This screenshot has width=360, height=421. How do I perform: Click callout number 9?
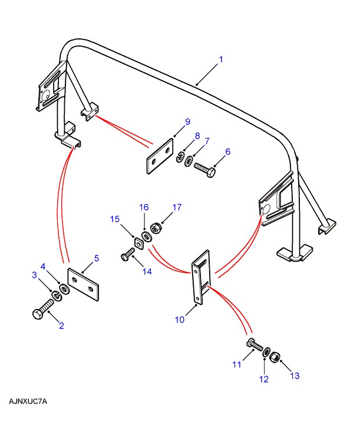point(187,122)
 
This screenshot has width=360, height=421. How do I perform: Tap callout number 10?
point(180,320)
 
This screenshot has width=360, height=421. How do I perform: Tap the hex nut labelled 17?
point(157,226)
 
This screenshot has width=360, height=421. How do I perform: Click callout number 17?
point(177,207)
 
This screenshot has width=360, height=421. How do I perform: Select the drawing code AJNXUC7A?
point(28,402)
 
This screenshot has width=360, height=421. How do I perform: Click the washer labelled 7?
point(189,161)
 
